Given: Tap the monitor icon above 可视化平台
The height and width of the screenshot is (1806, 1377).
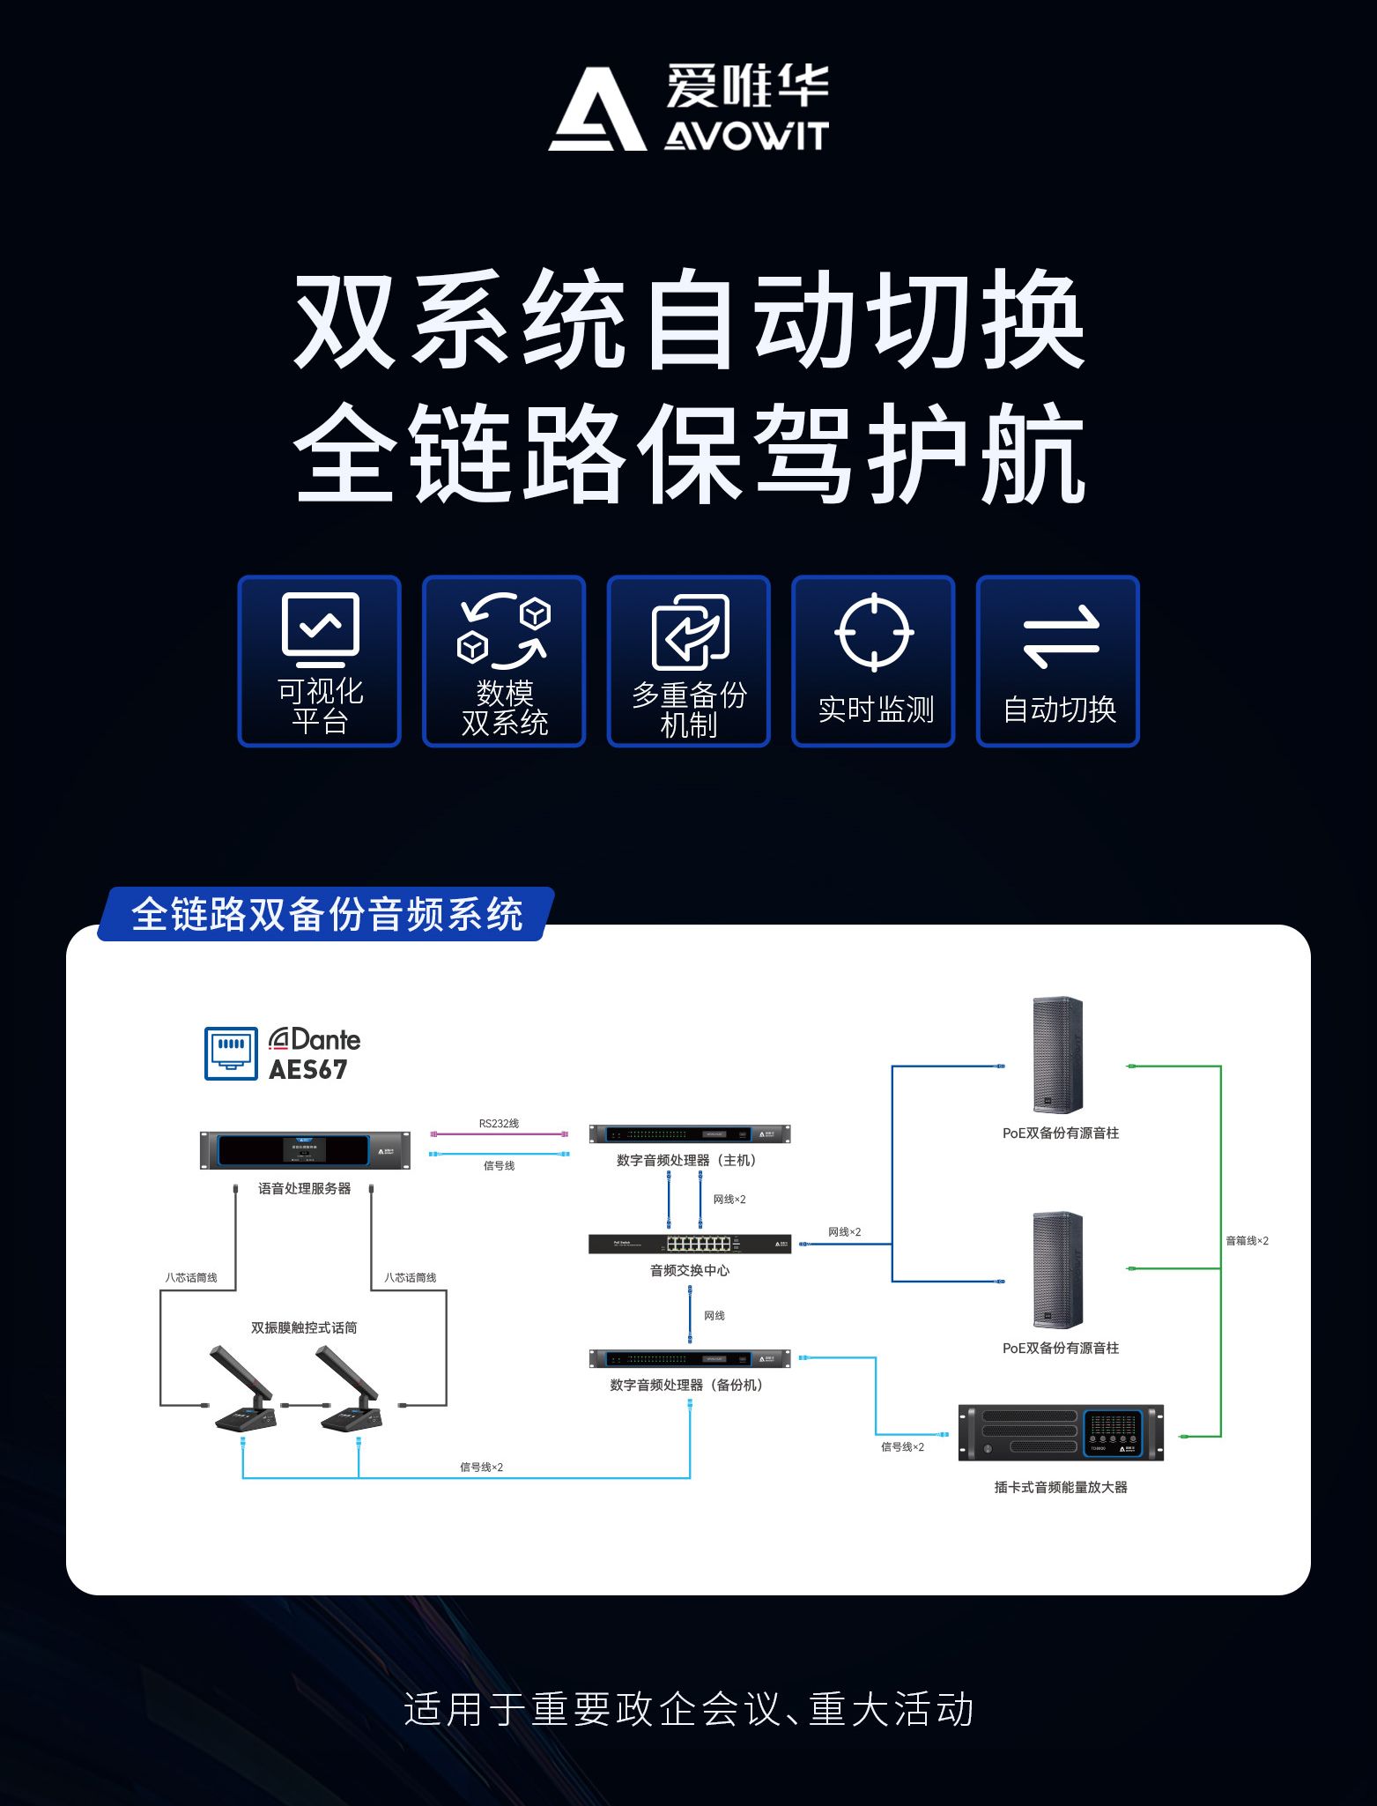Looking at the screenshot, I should click(320, 628).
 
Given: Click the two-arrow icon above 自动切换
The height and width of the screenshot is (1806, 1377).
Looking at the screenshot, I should click(1061, 635).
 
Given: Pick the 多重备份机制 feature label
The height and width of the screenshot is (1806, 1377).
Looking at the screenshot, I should click(689, 710).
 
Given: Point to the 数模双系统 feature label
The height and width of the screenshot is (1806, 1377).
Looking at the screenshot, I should click(505, 708).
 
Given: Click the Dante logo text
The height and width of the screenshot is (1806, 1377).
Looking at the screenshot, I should click(315, 1040).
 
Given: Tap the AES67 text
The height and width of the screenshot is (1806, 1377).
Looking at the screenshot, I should click(307, 1070).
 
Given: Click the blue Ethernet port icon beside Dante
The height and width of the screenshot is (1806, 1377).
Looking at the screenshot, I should click(231, 1053).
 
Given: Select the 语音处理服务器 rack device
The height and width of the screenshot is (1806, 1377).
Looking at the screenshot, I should click(305, 1150).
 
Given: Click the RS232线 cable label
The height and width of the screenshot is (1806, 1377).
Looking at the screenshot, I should click(499, 1124).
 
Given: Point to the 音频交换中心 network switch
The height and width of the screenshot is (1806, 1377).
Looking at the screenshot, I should click(690, 1244).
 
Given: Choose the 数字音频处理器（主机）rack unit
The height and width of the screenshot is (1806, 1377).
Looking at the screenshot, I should click(690, 1134).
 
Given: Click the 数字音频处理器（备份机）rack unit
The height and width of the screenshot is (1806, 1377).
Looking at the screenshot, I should click(690, 1358).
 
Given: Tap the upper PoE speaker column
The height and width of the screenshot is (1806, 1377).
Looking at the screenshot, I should click(1057, 1055).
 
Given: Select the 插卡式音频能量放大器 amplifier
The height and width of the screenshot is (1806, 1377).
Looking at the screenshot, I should click(1061, 1432).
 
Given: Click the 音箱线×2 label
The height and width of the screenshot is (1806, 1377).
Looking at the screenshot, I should click(1247, 1241).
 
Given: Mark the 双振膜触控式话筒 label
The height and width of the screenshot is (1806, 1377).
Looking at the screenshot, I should click(304, 1328).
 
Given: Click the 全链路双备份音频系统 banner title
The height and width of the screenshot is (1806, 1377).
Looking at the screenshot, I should click(327, 915).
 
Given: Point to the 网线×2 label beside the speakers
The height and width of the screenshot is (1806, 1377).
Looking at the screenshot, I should click(844, 1232).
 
